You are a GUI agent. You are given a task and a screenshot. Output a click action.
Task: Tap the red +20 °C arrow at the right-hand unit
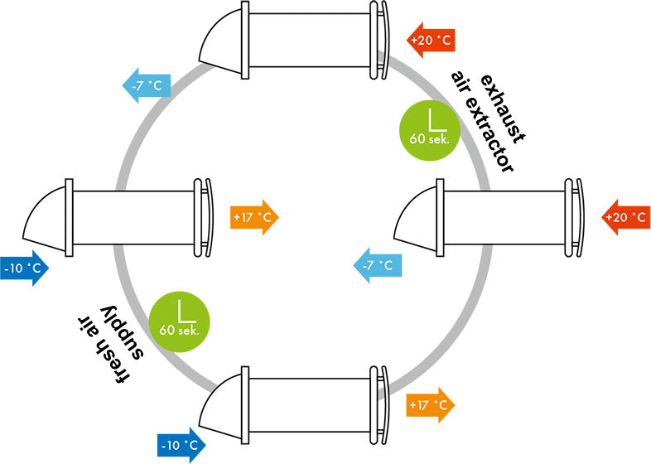point(624,217)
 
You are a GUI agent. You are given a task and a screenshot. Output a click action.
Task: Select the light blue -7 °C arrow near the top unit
point(147,84)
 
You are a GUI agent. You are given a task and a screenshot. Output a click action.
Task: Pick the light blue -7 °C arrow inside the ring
point(378,266)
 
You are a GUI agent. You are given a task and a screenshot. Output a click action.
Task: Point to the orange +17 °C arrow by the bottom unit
point(431,405)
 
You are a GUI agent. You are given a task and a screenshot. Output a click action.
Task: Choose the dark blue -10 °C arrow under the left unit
point(24,269)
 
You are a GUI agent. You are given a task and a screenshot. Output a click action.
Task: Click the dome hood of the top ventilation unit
point(219,42)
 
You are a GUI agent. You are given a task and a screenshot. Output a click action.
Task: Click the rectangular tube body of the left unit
point(133,213)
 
